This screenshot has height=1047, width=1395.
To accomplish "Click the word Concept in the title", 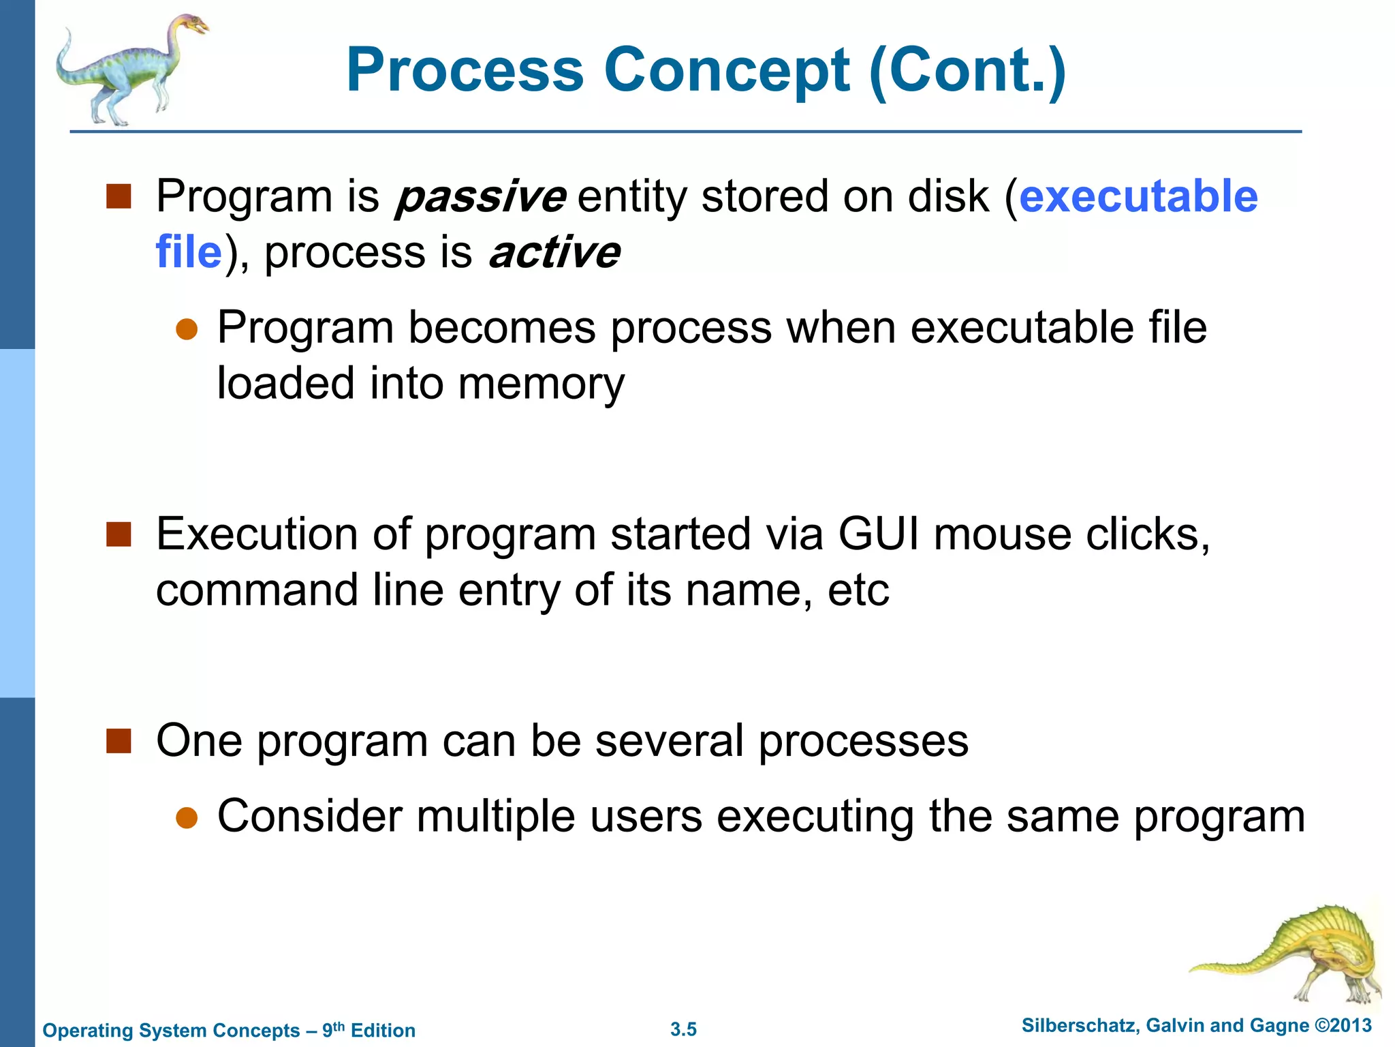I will (726, 70).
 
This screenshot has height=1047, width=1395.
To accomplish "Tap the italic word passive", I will (481, 197).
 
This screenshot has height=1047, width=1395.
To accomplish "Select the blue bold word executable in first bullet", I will (1138, 197).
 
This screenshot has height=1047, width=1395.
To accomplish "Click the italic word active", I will (554, 253).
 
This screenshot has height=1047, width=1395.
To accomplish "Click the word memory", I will (541, 384).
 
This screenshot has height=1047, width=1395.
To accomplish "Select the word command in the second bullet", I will (257, 590).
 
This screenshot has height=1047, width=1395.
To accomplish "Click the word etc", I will (858, 590).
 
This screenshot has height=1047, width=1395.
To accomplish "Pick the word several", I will (669, 741).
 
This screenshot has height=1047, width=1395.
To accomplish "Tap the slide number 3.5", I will (683, 1029).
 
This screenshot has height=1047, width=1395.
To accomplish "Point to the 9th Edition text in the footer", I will (369, 1030).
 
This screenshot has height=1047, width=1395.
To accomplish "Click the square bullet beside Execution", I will (119, 535).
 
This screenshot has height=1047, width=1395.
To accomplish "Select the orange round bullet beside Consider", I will (186, 818).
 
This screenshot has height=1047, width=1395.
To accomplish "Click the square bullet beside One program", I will (119, 741).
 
